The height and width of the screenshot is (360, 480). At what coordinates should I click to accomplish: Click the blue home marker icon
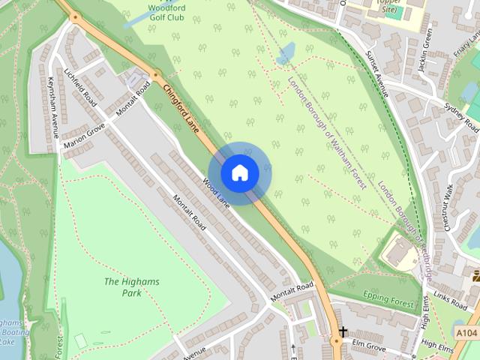(239, 173)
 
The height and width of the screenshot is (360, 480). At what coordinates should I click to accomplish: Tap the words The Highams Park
(122, 287)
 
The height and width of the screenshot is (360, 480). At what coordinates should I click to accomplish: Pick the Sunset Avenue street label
(377, 73)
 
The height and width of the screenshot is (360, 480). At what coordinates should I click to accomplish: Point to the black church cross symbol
(343, 331)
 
